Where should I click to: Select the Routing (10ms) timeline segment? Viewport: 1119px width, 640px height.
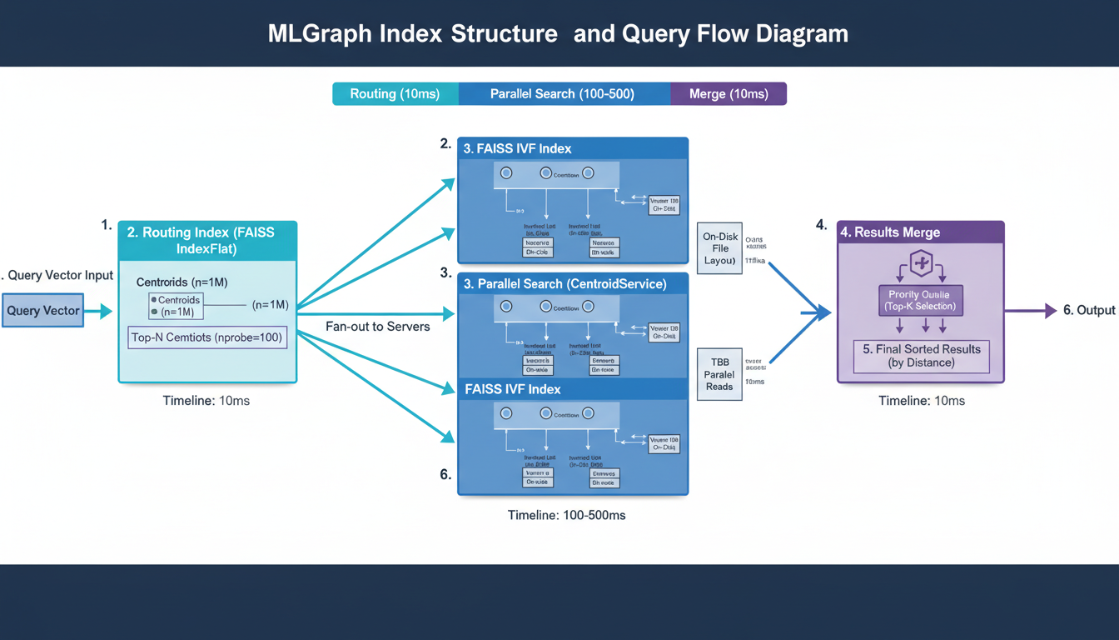pos(395,93)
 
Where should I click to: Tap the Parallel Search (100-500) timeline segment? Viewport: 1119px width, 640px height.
pos(562,93)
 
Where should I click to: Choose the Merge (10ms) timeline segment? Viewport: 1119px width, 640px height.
pos(729,93)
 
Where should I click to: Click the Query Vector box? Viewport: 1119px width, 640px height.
pos(43,311)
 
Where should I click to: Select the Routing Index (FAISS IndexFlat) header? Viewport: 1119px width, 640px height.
pos(207,241)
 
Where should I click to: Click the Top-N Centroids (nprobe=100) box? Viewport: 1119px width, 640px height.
pos(207,337)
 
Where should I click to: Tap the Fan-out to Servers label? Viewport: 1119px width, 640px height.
pos(377,327)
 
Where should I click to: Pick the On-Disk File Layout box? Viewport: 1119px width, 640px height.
pos(720,248)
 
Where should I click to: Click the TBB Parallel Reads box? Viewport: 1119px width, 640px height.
pos(719,375)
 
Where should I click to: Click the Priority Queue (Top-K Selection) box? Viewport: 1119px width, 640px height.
pos(921,300)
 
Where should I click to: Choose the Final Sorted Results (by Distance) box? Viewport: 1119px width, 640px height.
pos(921,356)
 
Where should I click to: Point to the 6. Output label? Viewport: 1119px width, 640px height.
pos(1089,310)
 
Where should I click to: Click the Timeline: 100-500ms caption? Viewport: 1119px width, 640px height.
pos(566,515)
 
